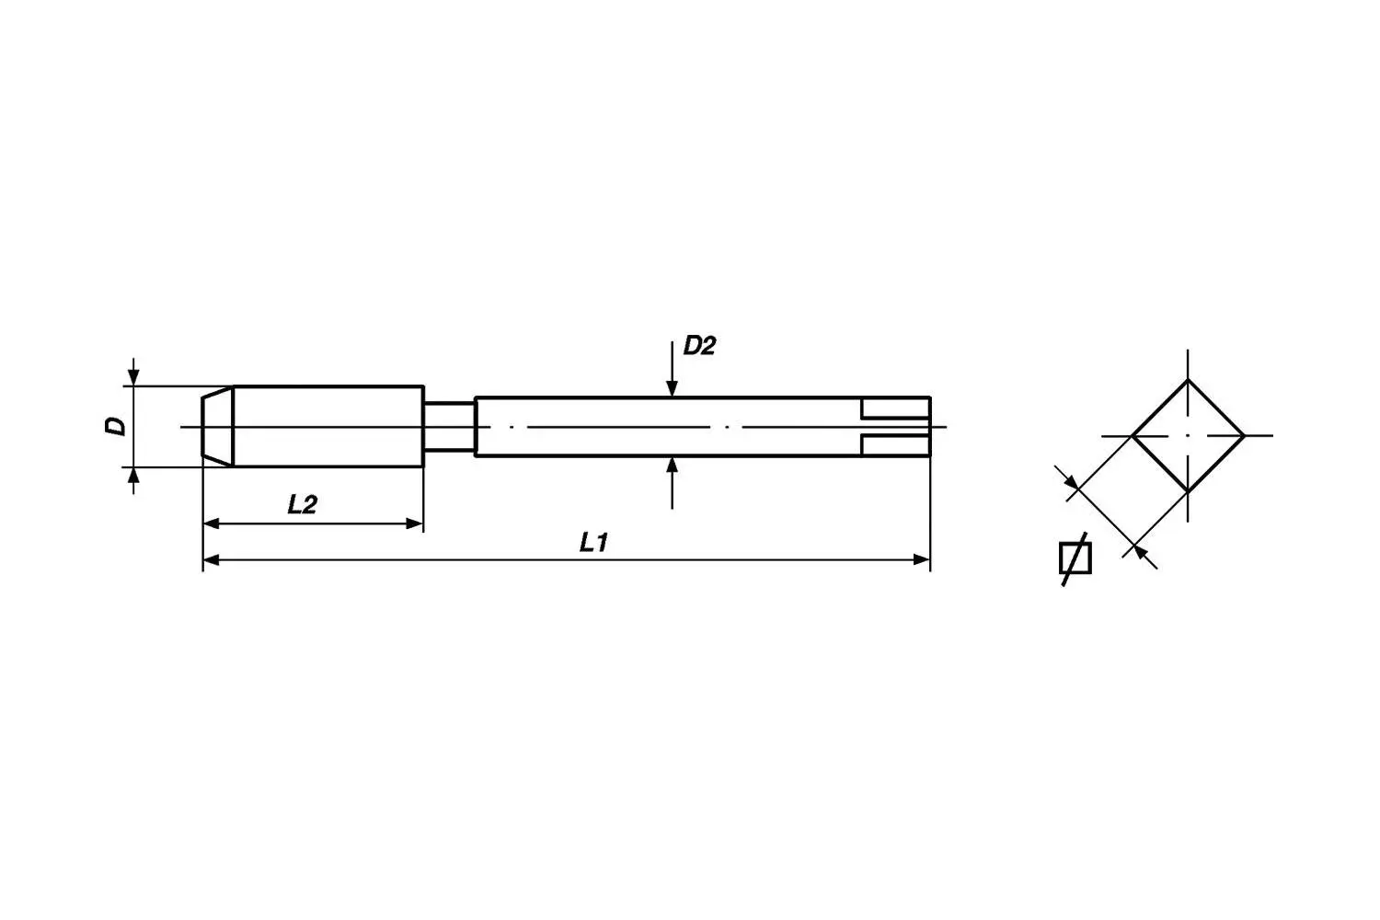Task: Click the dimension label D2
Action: tap(698, 347)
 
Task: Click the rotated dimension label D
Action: tap(115, 426)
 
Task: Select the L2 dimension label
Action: tap(302, 504)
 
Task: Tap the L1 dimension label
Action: tap(594, 543)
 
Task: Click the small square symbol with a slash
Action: tap(1075, 558)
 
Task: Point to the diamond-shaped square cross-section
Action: tap(1188, 435)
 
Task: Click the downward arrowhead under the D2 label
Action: tap(673, 389)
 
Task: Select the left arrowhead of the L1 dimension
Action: tap(212, 558)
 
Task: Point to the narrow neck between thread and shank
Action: tap(449, 426)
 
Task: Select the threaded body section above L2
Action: tap(328, 426)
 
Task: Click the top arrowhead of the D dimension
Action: tap(134, 378)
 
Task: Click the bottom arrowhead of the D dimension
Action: tap(134, 475)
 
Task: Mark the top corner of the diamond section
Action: tap(1188, 379)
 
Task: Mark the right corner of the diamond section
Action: tap(1244, 435)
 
